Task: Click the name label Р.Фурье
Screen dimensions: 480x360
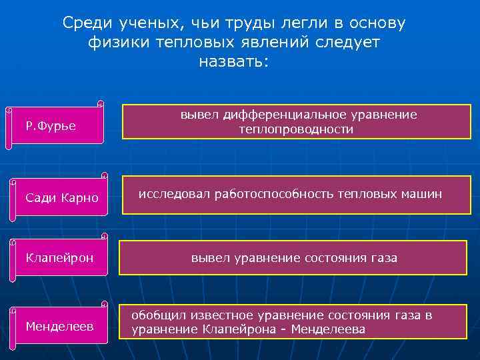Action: tap(51, 125)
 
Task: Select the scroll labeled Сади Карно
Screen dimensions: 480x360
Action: tap(61, 198)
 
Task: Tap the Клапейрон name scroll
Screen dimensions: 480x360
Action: tap(59, 257)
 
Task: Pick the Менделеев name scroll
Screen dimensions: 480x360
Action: tap(59, 326)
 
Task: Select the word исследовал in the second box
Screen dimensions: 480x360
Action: tap(174, 194)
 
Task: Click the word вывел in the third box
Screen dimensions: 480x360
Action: tap(211, 257)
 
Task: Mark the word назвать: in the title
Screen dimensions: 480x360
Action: tap(234, 62)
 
